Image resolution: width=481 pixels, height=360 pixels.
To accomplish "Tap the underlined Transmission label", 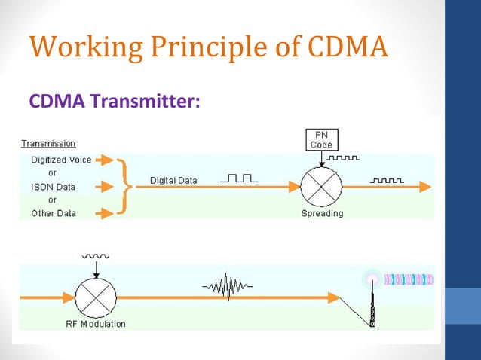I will [x=47, y=143].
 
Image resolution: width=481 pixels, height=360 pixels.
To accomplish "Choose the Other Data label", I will [x=54, y=213].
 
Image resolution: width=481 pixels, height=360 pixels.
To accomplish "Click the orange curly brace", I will [x=126, y=186].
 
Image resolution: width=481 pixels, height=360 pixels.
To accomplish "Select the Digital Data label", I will [x=173, y=181].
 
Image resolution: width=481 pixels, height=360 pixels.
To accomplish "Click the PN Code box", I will [x=321, y=139].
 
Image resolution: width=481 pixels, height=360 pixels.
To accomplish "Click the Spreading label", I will [x=322, y=213].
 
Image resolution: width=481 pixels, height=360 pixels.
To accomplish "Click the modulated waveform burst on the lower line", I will [x=228, y=287].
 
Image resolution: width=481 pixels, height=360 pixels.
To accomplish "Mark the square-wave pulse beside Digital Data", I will [x=238, y=179].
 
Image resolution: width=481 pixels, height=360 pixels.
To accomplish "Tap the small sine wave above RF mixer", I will [x=96, y=257].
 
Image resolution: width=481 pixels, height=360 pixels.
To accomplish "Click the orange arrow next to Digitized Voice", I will [x=105, y=160].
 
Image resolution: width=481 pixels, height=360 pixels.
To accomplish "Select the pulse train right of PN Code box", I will [x=342, y=158].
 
